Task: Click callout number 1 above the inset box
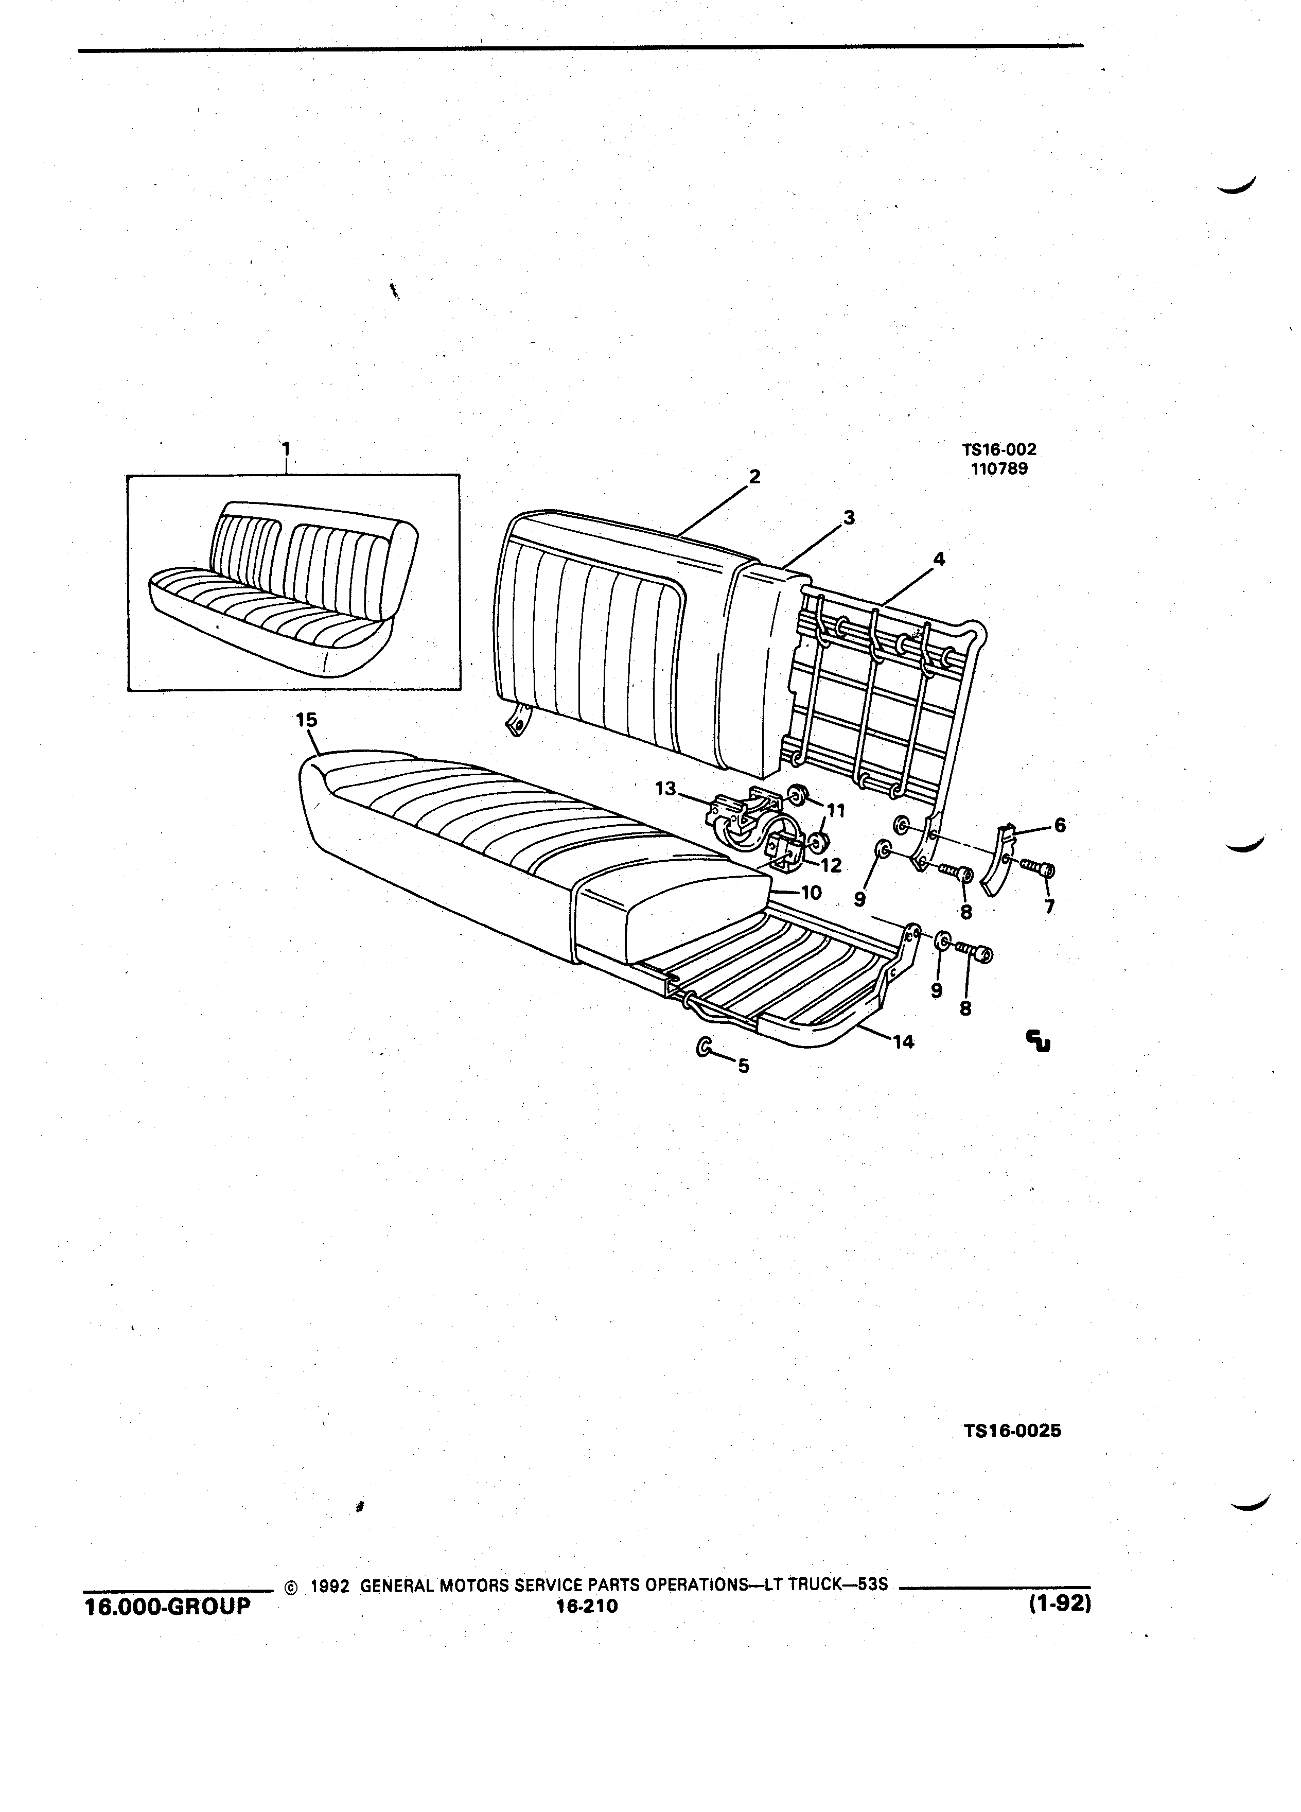(286, 449)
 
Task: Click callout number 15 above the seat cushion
(307, 720)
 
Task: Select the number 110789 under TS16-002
(999, 469)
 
